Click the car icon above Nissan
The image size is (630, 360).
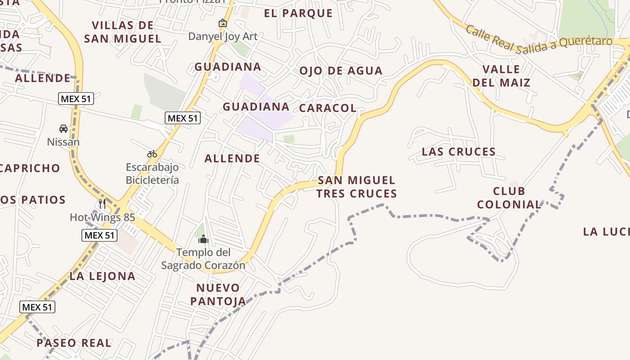(63, 129)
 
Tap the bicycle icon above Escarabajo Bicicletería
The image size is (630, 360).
(152, 154)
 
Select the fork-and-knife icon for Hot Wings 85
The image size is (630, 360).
(102, 204)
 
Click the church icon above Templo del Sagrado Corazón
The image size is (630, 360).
(203, 239)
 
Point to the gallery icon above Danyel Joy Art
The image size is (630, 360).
(222, 23)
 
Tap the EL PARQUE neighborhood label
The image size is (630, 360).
(298, 13)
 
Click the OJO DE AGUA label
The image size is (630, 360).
(341, 71)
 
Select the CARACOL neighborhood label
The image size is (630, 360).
(328, 108)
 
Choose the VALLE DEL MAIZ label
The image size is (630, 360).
(501, 76)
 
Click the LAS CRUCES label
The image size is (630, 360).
(459, 152)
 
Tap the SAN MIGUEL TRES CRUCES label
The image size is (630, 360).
(356, 187)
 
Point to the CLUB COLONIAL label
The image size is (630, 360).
(509, 198)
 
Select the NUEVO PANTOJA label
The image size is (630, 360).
(218, 294)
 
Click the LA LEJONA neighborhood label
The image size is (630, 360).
(103, 276)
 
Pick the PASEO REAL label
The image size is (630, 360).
(74, 343)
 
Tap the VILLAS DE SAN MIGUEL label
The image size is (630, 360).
(122, 32)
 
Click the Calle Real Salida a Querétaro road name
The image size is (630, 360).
(539, 40)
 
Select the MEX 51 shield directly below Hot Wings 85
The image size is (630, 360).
(99, 235)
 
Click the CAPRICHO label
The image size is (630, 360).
(30, 168)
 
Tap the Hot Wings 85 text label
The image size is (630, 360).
(102, 218)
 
